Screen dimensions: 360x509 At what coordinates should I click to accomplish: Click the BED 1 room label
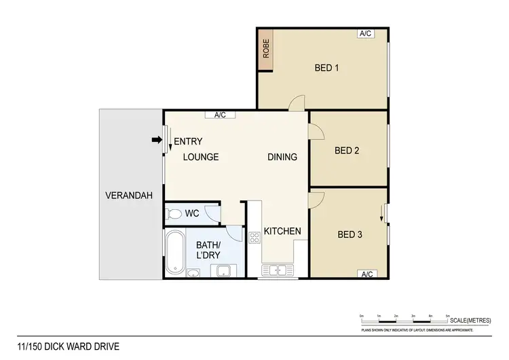pos(326,68)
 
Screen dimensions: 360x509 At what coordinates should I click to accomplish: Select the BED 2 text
pos(347,151)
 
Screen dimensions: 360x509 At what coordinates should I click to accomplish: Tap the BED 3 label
pos(350,235)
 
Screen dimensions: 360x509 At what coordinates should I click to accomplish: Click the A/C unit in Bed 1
pos(366,33)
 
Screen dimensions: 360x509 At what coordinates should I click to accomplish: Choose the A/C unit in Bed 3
pos(367,274)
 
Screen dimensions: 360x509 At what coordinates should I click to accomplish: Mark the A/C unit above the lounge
pos(220,115)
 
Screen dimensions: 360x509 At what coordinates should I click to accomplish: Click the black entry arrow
pos(156,141)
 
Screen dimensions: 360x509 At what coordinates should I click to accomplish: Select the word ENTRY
pos(189,142)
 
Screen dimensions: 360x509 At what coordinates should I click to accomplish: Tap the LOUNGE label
pos(201,157)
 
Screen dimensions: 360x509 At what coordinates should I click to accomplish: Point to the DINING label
pos(282,157)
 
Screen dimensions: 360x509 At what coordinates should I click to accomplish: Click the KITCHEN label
pos(282,232)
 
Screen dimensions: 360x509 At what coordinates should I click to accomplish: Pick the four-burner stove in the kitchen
pos(255,238)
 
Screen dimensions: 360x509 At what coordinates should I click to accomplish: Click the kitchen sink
pos(278,270)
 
